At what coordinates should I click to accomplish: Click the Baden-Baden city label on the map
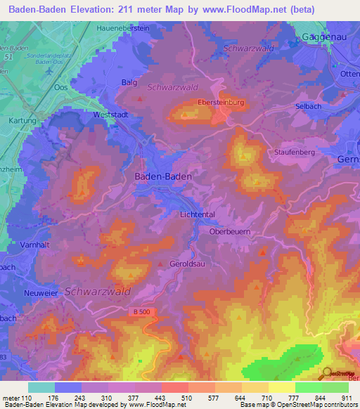pyautogui.click(x=163, y=178)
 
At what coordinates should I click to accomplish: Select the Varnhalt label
pyautogui.click(x=25, y=245)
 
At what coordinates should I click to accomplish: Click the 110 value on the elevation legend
pyautogui.click(x=27, y=398)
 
